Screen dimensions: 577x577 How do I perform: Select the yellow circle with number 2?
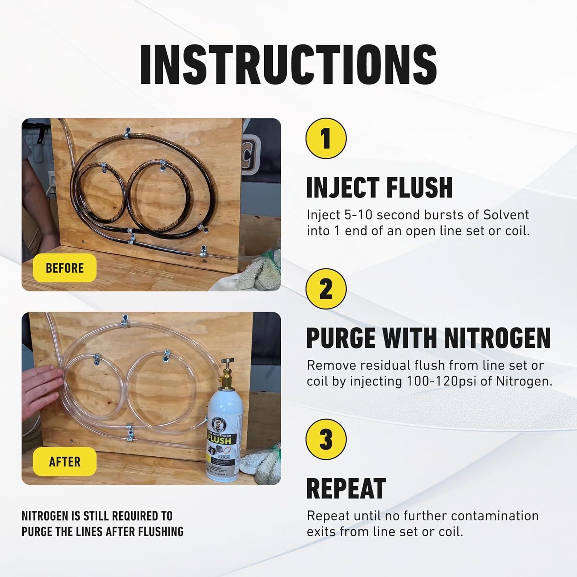326,288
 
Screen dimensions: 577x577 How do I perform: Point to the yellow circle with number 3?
326,439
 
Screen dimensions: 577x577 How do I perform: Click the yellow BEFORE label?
65,268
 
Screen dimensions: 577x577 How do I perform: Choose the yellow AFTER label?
65,461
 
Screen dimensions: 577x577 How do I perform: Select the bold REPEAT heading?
346,489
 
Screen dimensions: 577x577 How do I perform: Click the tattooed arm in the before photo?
33,192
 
